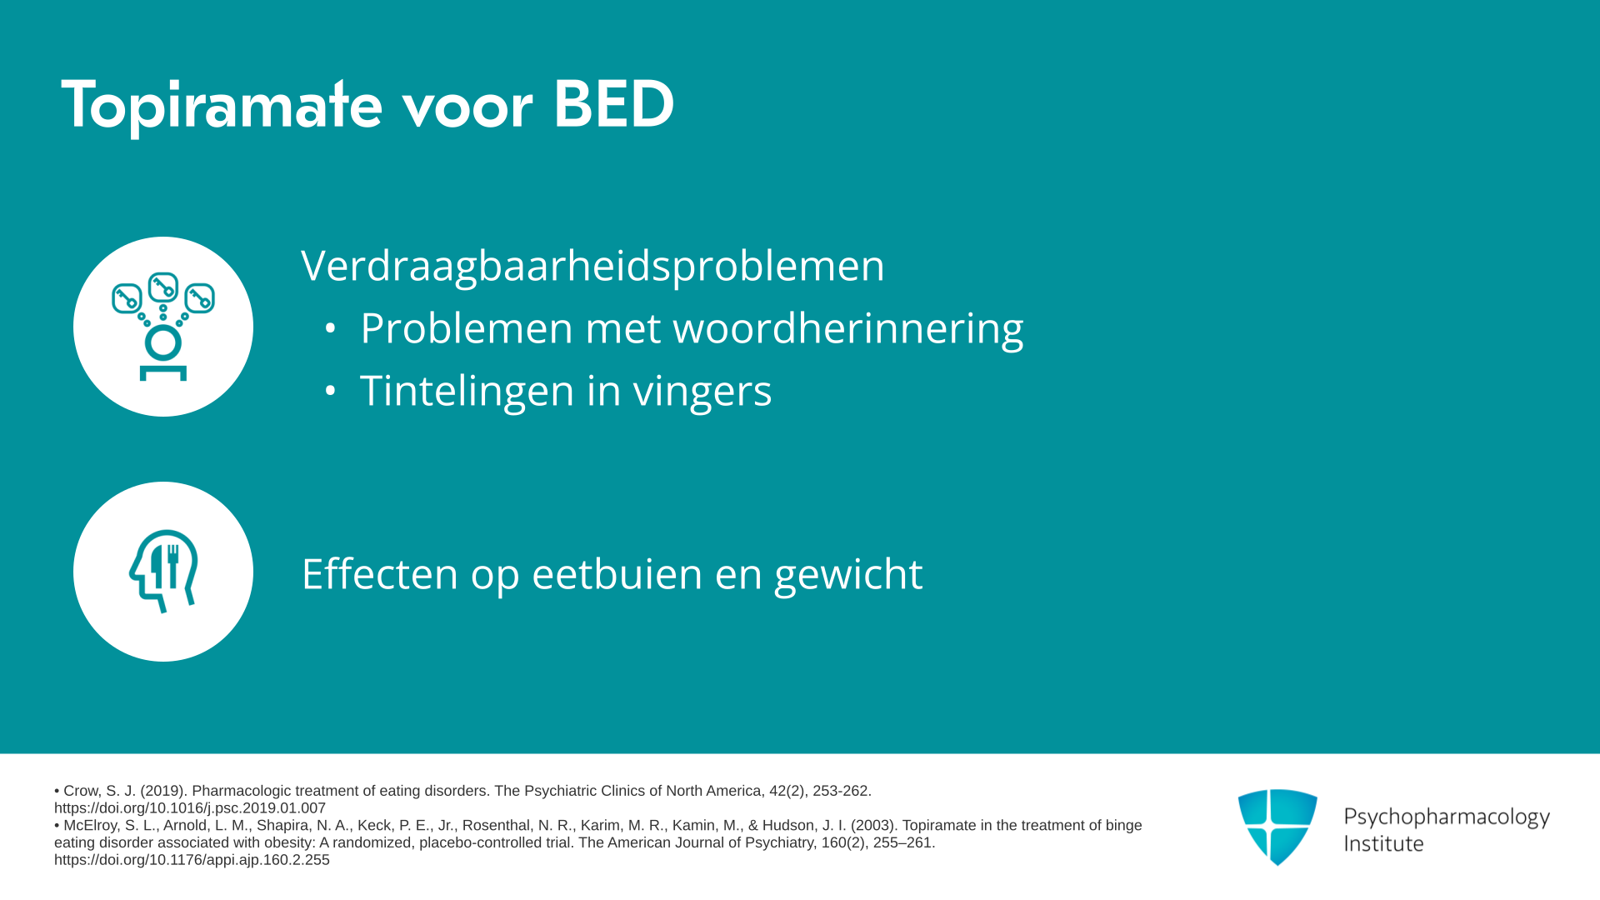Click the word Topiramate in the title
222,106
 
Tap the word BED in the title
613,104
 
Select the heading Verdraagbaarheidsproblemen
592,266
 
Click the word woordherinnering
848,328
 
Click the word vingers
702,392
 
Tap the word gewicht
848,575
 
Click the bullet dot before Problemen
330,328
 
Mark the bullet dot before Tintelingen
330,391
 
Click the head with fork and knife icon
163,572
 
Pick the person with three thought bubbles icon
163,327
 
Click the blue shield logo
1277,827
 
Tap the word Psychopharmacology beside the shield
1447,817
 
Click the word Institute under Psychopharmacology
1383,843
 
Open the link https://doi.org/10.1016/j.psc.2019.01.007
190,808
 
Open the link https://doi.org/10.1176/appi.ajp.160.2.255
192,860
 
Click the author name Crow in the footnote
81,791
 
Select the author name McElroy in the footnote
91,826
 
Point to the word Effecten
380,574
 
